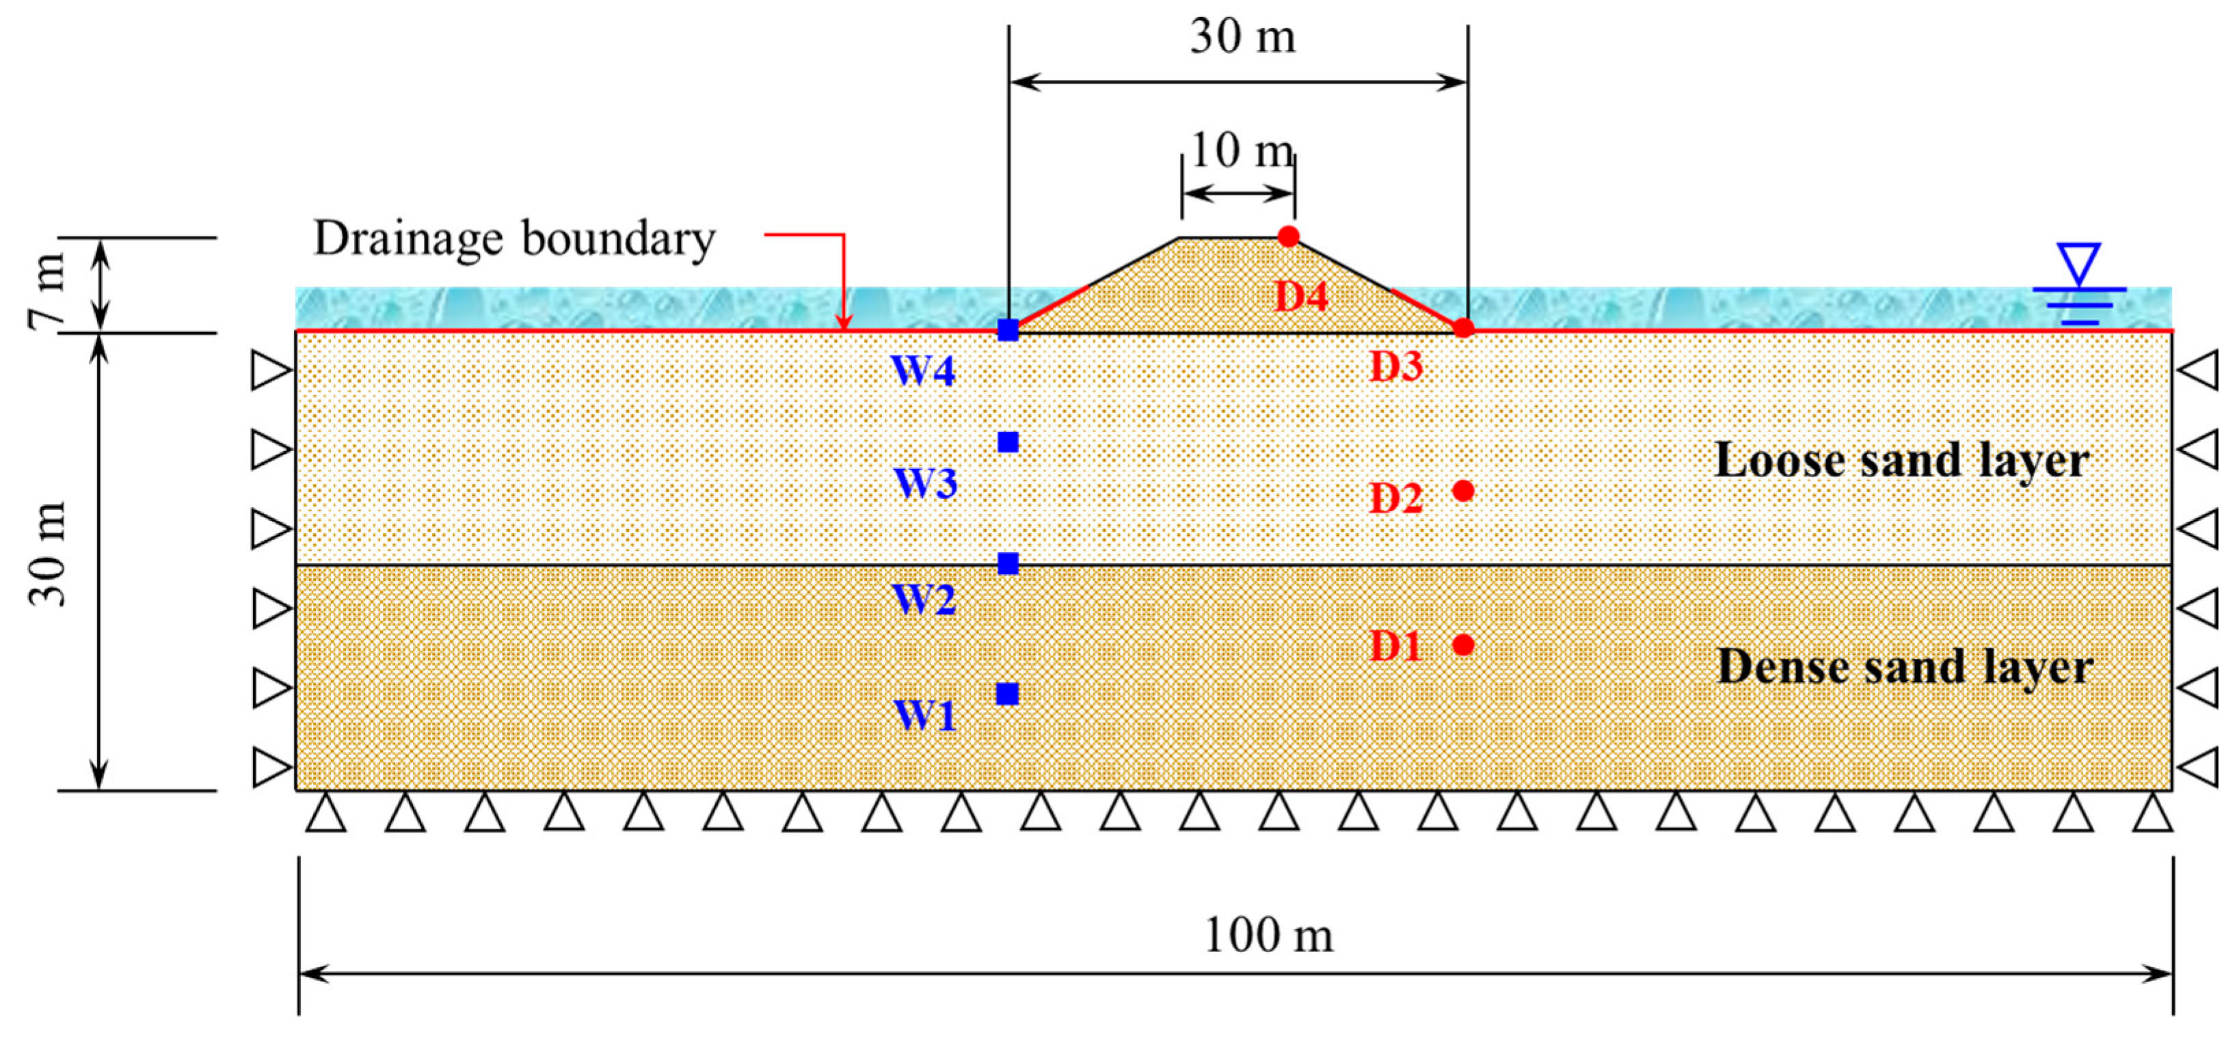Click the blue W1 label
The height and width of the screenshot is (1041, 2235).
click(925, 716)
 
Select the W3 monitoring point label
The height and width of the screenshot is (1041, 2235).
click(926, 483)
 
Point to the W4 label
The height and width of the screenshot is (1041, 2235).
click(923, 370)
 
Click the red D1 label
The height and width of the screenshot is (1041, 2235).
click(1396, 647)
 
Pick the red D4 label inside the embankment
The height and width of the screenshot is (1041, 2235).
click(1300, 297)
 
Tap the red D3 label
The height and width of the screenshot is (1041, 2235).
click(1396, 367)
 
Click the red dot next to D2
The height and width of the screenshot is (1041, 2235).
click(1463, 491)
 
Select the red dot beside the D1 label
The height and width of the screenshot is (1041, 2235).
click(1463, 645)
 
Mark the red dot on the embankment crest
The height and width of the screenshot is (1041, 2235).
click(1288, 236)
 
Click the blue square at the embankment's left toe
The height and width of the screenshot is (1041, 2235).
click(1007, 329)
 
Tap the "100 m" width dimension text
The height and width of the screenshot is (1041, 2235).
click(1268, 936)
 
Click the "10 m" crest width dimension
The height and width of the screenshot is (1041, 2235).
click(1242, 151)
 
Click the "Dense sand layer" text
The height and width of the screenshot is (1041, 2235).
click(1905, 667)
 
